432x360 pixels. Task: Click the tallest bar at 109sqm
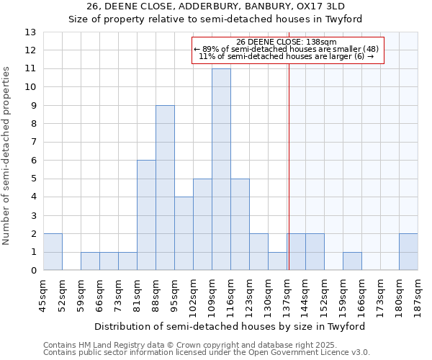(221, 169)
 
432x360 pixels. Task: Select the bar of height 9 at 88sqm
(165, 188)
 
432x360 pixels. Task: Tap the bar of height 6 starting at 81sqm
(146, 215)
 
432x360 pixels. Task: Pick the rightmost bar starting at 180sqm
(408, 252)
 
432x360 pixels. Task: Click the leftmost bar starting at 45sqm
(53, 252)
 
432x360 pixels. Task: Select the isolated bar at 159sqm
(352, 261)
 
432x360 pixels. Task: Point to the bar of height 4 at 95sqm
(184, 233)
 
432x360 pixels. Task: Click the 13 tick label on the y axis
(30, 32)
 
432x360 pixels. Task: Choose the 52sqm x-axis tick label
(63, 294)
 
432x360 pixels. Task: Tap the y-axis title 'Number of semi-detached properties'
(7, 155)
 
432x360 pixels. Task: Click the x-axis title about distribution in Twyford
(230, 326)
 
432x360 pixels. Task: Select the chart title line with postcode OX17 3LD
(215, 6)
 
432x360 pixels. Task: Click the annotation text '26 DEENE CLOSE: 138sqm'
(287, 42)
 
